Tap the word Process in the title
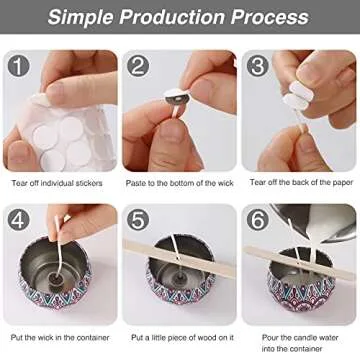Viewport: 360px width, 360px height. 271,17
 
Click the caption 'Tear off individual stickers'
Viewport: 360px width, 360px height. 60,182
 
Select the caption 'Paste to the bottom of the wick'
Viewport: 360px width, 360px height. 180,182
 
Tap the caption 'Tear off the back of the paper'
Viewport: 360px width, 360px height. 300,182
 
